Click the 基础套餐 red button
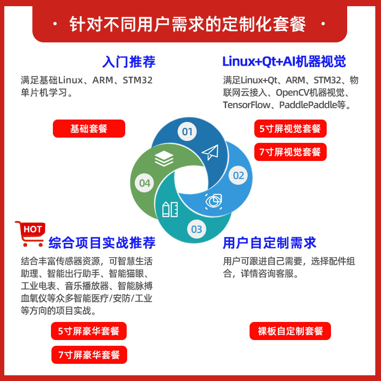point(89,129)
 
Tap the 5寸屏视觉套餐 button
point(290,129)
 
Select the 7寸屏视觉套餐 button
point(290,152)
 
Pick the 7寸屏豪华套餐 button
point(89,355)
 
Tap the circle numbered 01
point(187,131)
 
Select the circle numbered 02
point(239,175)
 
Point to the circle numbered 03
point(197,229)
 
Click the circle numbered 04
point(145,183)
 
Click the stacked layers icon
point(164,159)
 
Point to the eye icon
point(213,201)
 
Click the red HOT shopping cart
point(30,233)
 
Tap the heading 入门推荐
point(129,62)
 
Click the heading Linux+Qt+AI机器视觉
point(284,62)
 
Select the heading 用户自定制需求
point(270,243)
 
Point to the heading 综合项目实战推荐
point(102,243)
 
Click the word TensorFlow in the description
point(246,105)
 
